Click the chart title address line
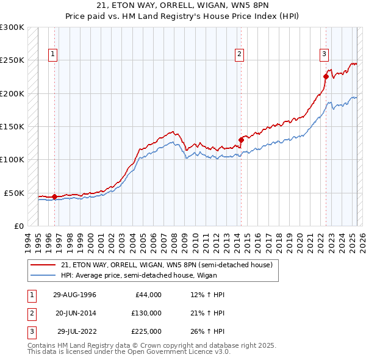point(182,5)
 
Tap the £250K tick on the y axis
point(12,60)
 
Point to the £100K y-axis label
point(12,159)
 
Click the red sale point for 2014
point(241,140)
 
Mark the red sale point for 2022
point(326,77)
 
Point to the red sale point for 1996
point(55,196)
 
